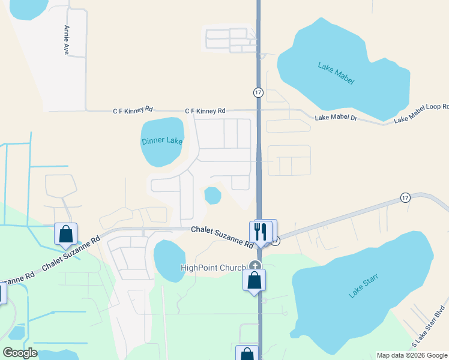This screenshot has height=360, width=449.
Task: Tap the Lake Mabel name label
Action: [333, 66]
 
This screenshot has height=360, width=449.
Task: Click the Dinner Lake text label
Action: [161, 141]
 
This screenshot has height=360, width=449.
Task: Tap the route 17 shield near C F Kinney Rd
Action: [258, 92]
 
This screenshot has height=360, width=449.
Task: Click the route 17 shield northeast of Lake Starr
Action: [405, 197]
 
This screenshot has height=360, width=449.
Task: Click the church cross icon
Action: [255, 266]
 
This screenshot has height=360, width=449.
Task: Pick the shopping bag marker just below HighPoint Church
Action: [255, 280]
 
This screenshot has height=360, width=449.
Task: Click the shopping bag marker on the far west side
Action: [65, 234]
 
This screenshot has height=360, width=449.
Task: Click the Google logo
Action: [20, 353]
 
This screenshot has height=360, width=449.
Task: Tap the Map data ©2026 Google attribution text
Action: [412, 355]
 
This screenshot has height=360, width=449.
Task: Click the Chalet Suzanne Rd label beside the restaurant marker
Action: [222, 237]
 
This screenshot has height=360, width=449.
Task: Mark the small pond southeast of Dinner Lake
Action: [212, 195]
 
